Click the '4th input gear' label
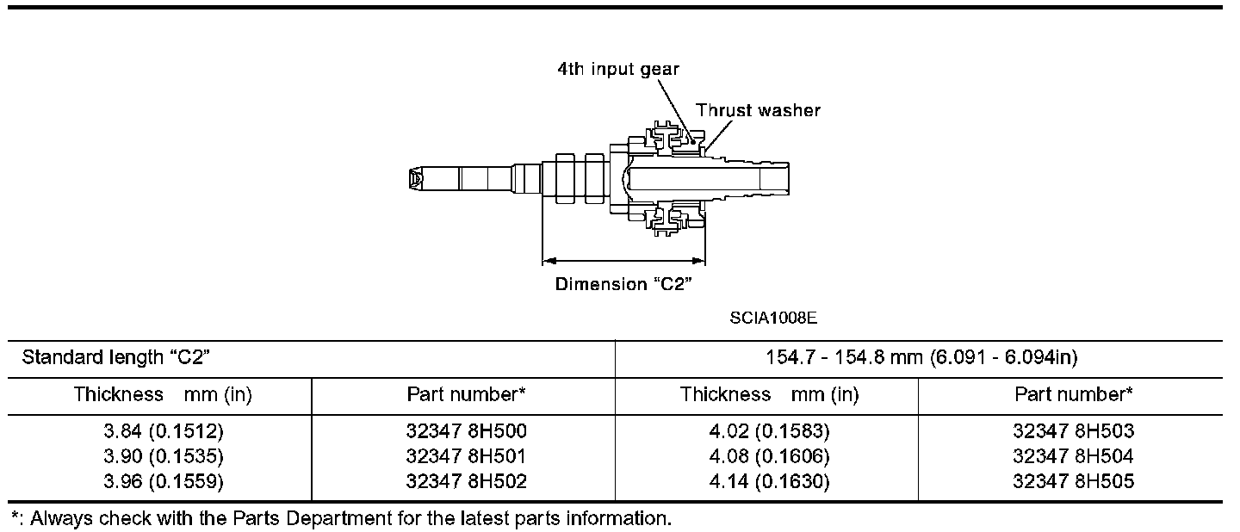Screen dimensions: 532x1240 point(617,70)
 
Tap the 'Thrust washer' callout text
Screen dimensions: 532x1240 point(758,110)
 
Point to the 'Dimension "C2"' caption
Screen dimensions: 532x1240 point(624,284)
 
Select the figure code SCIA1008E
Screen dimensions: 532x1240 point(772,318)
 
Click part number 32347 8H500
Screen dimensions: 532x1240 point(466,431)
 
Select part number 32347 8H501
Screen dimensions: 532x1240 point(466,456)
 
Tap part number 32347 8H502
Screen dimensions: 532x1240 point(466,482)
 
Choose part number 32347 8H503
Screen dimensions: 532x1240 point(1074,431)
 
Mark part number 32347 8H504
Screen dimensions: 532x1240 point(1074,456)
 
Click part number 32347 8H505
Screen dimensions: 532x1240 point(1074,482)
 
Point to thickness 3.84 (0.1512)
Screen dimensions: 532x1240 point(162,431)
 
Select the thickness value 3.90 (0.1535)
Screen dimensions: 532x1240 point(162,456)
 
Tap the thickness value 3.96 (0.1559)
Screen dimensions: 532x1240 point(162,482)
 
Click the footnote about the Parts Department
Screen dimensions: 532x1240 point(340,518)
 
